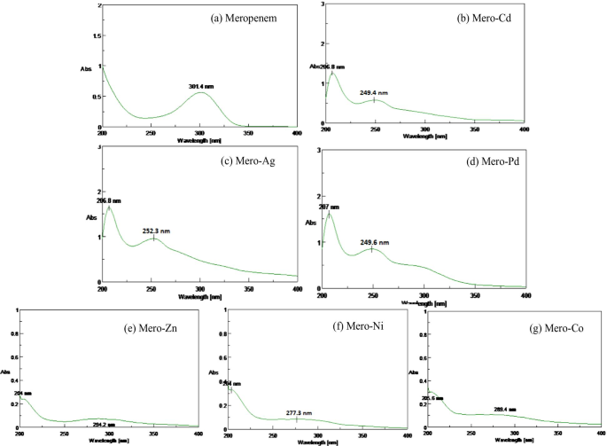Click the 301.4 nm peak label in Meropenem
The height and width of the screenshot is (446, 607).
(x=201, y=86)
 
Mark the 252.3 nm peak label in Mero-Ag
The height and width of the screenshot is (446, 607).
(x=156, y=230)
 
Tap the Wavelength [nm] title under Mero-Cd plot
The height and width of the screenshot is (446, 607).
(x=426, y=137)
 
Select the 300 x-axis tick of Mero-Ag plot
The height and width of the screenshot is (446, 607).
(x=200, y=288)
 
